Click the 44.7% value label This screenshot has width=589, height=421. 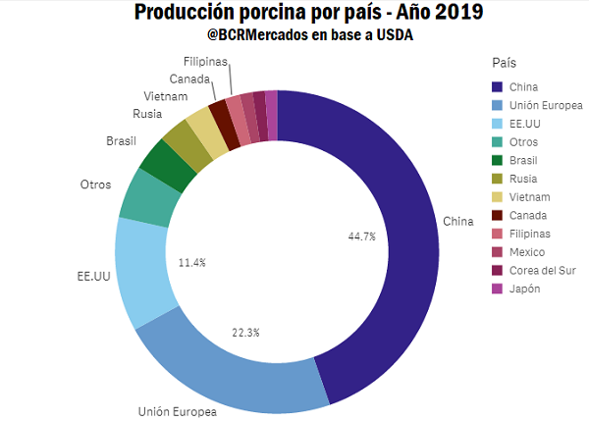pyautogui.click(x=362, y=237)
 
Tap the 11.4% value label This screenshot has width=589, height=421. pyautogui.click(x=191, y=263)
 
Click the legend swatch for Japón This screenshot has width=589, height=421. pyautogui.click(x=499, y=289)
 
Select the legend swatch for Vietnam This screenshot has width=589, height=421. pyautogui.click(x=499, y=196)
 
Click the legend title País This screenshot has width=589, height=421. pyautogui.click(x=505, y=62)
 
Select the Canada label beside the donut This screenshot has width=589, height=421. pyautogui.click(x=187, y=79)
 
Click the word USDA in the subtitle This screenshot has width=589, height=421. pyautogui.click(x=385, y=35)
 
